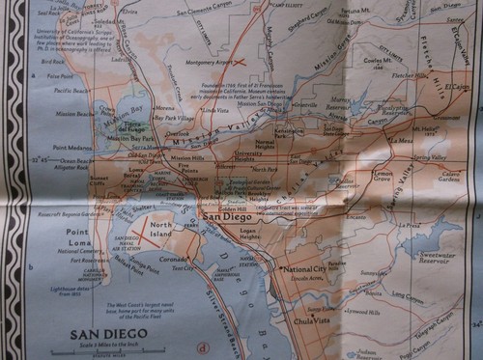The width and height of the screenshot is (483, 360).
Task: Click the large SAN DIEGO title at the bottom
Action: (109, 336)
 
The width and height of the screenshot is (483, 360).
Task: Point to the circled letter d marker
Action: (202, 349)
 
